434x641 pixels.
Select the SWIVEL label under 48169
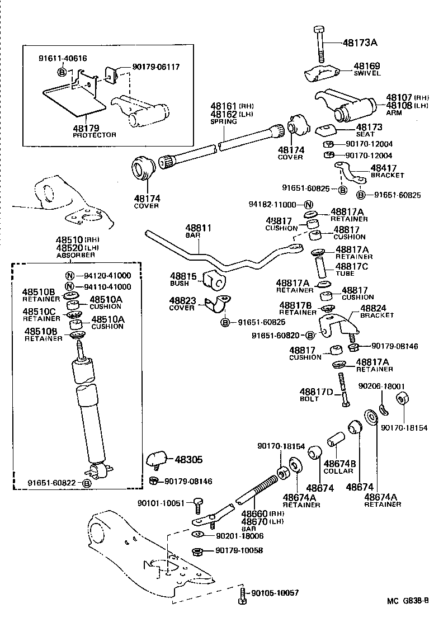367,73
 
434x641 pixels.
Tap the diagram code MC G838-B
407,601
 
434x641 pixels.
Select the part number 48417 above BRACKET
384,167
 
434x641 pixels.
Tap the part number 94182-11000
273,204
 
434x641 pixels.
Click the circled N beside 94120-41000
70,275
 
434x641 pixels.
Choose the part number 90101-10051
161,503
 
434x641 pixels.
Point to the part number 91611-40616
63,58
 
